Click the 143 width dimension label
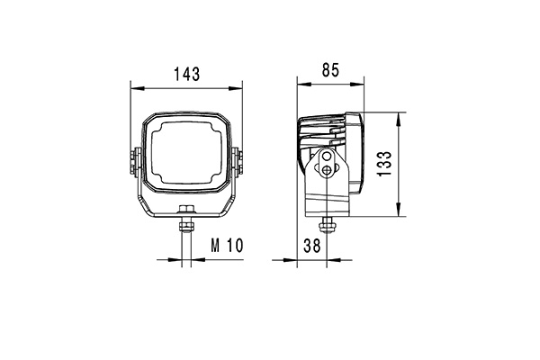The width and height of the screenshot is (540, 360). [x=186, y=74]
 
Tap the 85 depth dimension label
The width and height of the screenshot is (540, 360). [x=330, y=70]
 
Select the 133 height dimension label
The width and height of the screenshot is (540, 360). [x=384, y=164]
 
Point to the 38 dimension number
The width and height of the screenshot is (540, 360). [x=312, y=246]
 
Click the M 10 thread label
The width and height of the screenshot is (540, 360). [x=227, y=246]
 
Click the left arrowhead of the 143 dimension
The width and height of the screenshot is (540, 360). [x=137, y=88]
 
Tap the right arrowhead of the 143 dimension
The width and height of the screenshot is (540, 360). [x=236, y=88]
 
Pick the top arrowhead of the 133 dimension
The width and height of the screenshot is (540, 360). [x=399, y=119]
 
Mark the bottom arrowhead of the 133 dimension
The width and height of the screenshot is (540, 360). [x=399, y=210]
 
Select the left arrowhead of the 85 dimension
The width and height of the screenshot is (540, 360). [x=304, y=84]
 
